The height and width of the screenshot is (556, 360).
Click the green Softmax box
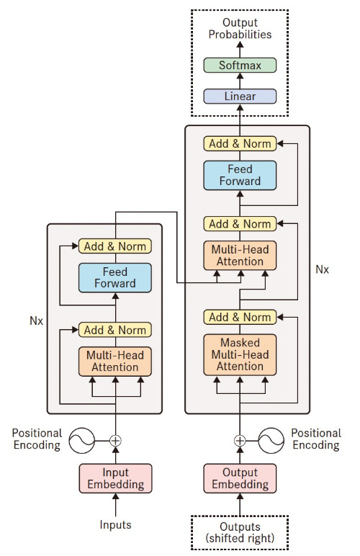[x=240, y=66]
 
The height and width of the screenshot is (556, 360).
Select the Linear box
[x=240, y=96]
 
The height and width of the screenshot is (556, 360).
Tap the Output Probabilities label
[x=240, y=29]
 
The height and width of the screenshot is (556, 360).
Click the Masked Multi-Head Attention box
[x=240, y=354]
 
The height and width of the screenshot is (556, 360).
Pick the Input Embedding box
[x=115, y=479]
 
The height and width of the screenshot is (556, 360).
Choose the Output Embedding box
[x=240, y=479]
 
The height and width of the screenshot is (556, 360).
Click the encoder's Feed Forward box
[x=115, y=277]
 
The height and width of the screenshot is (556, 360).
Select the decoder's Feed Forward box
[x=240, y=175]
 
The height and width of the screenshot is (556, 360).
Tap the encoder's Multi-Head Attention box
[x=115, y=362]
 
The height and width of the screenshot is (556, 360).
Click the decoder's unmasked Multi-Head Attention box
[x=240, y=256]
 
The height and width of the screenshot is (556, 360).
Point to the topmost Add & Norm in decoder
[x=240, y=143]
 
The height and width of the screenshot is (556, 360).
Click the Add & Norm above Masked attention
[x=240, y=317]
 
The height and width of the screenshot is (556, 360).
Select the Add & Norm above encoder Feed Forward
[x=115, y=246]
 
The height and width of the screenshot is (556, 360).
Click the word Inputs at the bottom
[x=115, y=525]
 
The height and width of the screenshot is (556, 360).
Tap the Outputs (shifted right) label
[x=240, y=532]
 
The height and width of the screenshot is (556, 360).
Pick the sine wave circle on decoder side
[x=274, y=439]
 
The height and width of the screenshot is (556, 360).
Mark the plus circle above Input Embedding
[x=115, y=439]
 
